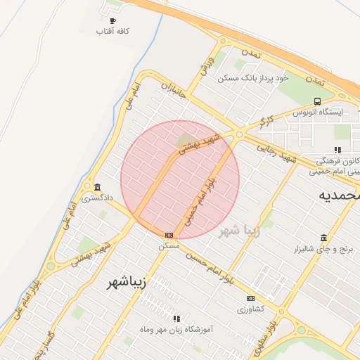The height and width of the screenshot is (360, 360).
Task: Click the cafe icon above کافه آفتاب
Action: [x=112, y=20]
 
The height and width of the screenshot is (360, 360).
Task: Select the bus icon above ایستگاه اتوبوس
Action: [x=317, y=101]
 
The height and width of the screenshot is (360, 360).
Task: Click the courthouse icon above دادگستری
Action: [x=96, y=187]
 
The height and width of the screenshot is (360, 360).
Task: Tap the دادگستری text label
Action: [x=96, y=198]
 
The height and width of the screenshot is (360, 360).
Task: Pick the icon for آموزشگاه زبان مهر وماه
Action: [x=176, y=319]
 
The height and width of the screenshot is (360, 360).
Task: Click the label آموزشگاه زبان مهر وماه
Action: [x=176, y=329]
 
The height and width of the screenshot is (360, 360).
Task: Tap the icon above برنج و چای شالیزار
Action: [x=323, y=238]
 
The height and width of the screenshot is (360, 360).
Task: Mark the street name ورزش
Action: [x=206, y=65]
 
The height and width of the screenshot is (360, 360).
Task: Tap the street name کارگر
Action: [x=266, y=120]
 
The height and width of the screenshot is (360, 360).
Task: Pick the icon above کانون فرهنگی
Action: [x=337, y=149]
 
